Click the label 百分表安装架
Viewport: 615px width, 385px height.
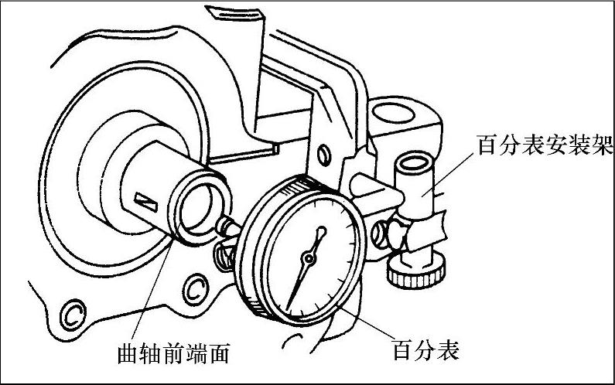tap(538, 145)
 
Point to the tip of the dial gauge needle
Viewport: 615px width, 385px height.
tap(289, 306)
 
